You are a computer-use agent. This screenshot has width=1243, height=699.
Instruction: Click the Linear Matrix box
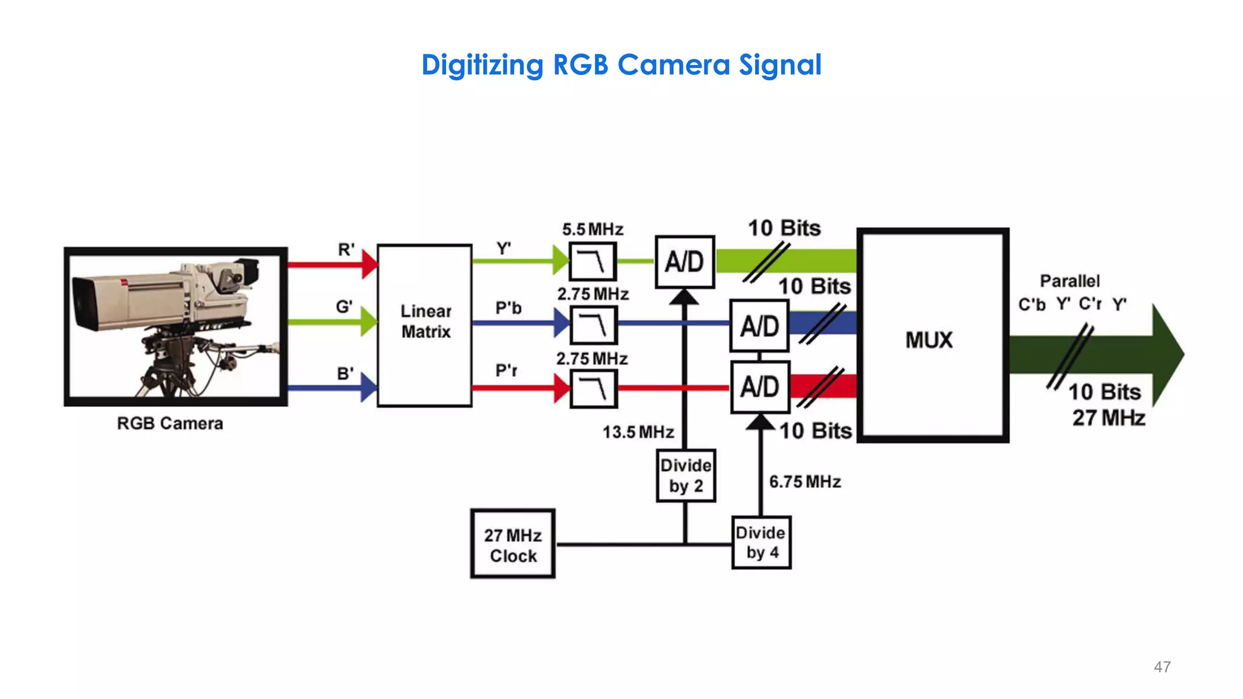click(424, 325)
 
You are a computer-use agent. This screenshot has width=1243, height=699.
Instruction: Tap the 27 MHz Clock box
click(513, 544)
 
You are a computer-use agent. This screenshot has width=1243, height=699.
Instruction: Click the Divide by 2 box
click(686, 476)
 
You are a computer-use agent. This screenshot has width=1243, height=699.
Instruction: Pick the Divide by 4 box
click(761, 542)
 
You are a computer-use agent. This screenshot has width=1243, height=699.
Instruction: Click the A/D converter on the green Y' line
click(685, 262)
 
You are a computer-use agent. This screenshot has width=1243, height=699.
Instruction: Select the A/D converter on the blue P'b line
click(759, 326)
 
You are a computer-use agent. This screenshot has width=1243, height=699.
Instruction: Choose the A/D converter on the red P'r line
click(759, 387)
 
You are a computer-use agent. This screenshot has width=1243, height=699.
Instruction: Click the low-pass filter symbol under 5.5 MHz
click(593, 262)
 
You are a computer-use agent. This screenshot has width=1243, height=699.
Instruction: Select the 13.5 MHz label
click(638, 432)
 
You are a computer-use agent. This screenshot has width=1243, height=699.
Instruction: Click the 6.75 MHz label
click(805, 482)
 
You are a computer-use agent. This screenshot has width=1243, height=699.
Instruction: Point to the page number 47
click(1162, 667)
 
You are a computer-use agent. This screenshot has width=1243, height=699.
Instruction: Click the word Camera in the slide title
click(673, 65)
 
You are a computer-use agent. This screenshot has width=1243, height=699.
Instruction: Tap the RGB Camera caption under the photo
click(170, 424)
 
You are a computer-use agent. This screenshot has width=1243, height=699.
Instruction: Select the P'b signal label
click(509, 308)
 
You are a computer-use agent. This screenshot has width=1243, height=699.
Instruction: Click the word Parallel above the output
click(1069, 281)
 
